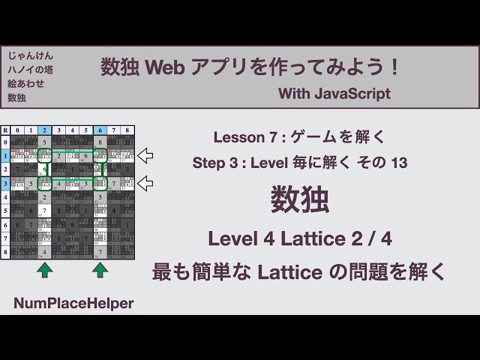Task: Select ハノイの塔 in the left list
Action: (x=30, y=70)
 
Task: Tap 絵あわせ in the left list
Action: (x=25, y=84)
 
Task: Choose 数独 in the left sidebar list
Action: (x=16, y=98)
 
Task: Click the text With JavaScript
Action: (x=334, y=94)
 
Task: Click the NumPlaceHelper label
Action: (x=73, y=303)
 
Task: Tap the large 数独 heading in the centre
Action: (x=299, y=202)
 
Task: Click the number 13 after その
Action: (x=398, y=163)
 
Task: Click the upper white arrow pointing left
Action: (x=145, y=156)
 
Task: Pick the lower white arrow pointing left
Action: (x=145, y=183)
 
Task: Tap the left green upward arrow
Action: (x=45, y=269)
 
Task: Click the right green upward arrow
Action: (x=100, y=269)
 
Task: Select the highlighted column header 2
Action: (x=45, y=130)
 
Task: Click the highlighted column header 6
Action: (x=99, y=130)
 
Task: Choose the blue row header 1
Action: (x=5, y=156)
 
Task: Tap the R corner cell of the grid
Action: (x=5, y=130)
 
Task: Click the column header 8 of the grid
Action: (x=127, y=130)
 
